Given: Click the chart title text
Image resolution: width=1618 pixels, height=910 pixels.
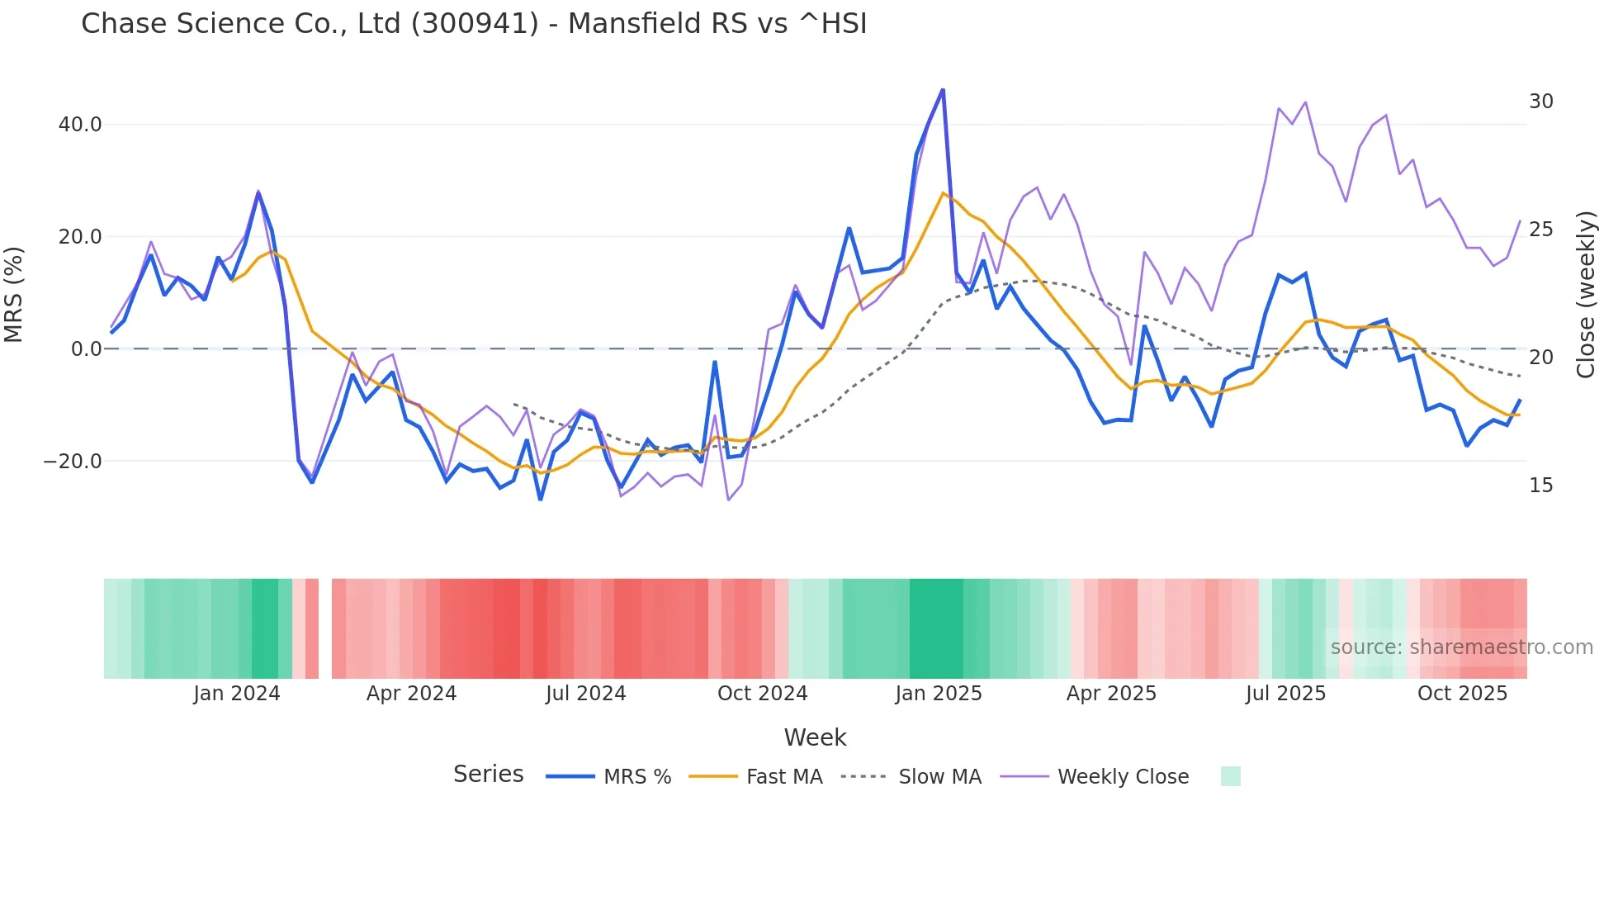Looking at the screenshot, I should pos(474,24).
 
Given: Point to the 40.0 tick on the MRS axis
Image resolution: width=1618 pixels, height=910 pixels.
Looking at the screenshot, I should pos(79,125).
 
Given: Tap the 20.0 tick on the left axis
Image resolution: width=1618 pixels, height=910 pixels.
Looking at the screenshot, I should pos(79,237).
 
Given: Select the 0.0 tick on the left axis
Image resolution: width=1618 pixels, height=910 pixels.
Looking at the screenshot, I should pos(86,349).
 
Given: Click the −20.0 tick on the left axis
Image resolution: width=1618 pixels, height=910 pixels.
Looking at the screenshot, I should pos(73,462).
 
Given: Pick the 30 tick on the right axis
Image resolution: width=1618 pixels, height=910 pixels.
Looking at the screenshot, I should pos(1540,102).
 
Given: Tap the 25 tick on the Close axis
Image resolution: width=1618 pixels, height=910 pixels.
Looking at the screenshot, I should pos(1540,230).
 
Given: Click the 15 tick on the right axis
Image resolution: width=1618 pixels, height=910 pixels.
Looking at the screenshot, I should pos(1540,486).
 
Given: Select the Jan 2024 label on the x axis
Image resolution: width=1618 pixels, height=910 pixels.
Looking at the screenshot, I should pos(237,694).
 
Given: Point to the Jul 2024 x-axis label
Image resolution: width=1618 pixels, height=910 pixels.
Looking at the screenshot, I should pos(585,694).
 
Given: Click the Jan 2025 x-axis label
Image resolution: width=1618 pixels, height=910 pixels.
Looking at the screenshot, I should pos(939,694).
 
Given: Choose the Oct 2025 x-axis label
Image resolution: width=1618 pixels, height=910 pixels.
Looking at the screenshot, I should pos(1462,694).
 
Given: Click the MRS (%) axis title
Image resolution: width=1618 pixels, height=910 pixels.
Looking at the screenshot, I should pos(14,294).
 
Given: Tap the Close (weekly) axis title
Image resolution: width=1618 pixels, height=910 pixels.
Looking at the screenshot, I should pos(1586,295).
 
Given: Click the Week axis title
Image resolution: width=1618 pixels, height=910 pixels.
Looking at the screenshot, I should pos(815,737).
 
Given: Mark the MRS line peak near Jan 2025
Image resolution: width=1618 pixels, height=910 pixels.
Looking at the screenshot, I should pos(943,90).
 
